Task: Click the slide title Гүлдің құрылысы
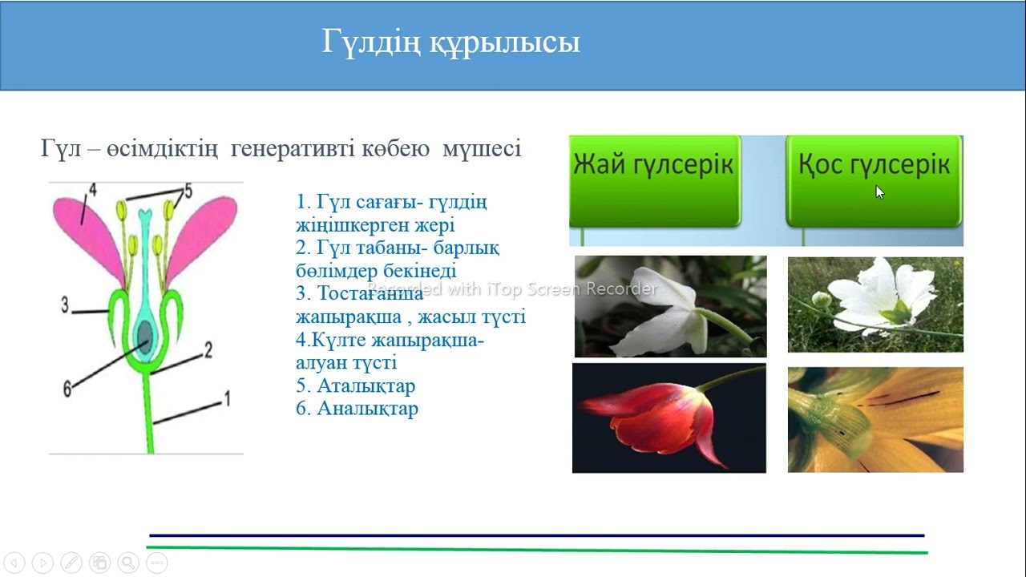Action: [450, 42]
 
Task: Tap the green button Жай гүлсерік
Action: [654, 166]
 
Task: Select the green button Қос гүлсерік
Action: [874, 166]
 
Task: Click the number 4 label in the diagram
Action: [92, 190]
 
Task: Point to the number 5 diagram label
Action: [188, 190]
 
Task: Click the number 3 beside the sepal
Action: [64, 304]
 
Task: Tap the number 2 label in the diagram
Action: [208, 349]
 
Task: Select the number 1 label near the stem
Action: [227, 397]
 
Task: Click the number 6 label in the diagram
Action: [67, 389]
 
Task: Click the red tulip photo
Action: [669, 418]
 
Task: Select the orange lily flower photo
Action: [875, 419]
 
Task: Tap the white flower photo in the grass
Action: [875, 304]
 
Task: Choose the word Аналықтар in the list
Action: [367, 409]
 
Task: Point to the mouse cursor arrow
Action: [879, 192]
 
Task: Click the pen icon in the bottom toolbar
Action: [71, 563]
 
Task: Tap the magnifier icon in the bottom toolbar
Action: [127, 563]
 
